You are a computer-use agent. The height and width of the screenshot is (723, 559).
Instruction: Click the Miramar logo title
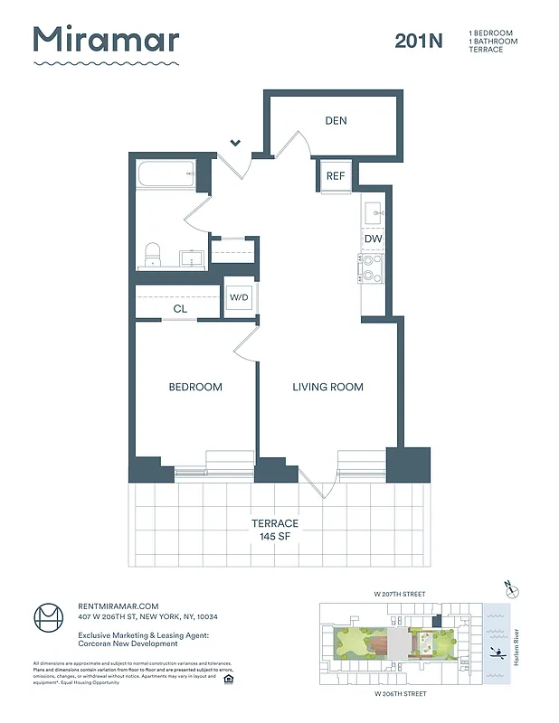coord(106,40)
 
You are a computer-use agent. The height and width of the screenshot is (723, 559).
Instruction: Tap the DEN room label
coord(336,121)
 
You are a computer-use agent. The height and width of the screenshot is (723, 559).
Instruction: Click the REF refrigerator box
coord(336,175)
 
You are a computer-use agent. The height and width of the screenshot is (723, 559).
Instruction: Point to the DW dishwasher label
coord(374,239)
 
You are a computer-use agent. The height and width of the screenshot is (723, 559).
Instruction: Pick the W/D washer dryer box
coord(239,296)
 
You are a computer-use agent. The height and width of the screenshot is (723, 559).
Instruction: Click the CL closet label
coord(180,309)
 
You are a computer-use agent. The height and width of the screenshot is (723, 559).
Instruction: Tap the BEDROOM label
coord(195,387)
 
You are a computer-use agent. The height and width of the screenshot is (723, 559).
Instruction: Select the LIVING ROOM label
coord(327,387)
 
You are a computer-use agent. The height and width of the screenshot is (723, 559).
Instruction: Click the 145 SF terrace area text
coord(275,537)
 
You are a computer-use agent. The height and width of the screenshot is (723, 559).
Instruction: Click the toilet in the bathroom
coord(153,254)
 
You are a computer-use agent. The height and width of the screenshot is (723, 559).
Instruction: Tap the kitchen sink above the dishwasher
coord(374,212)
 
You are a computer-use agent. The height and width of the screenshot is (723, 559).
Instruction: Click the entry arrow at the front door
coord(235,142)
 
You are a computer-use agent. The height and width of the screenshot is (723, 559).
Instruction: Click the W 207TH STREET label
coord(399,594)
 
